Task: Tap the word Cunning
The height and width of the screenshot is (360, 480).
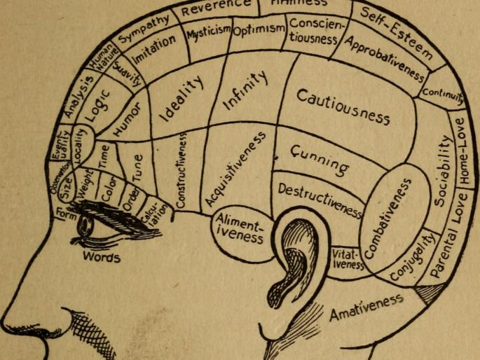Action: [319, 160]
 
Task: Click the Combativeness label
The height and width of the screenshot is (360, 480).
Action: [390, 216]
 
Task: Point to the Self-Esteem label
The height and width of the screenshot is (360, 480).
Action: [397, 32]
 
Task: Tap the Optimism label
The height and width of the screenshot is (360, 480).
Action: [258, 30]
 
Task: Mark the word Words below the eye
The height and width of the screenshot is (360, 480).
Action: [102, 257]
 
